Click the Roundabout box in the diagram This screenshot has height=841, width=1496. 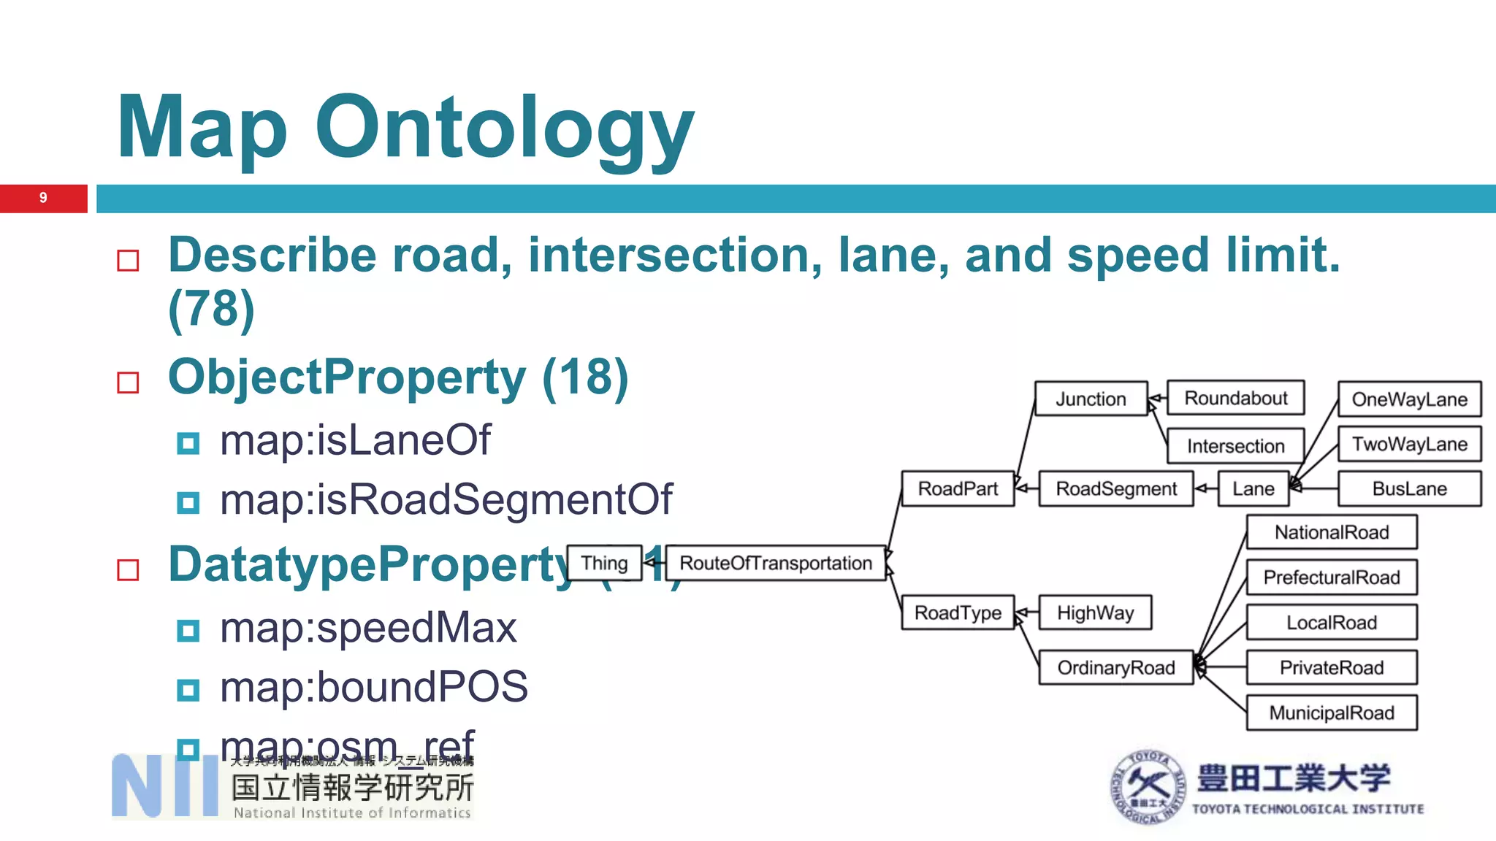[1235, 398]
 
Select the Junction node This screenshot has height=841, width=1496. [1091, 399]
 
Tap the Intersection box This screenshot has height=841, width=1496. [1235, 445]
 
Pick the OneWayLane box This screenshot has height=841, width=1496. [1409, 399]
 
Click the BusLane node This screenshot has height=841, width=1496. [1409, 488]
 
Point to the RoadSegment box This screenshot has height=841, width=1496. [1116, 488]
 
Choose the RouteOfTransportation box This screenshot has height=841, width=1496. [776, 563]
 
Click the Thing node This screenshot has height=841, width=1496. [604, 563]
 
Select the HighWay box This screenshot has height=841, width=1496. [1095, 612]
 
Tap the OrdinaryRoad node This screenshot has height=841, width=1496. [1115, 667]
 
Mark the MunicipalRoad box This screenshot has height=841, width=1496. [1331, 713]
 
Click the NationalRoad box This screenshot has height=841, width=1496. [1331, 532]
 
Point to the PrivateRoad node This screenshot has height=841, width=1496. [1331, 667]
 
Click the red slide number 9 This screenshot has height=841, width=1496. [43, 198]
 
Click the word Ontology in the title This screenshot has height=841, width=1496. [504, 128]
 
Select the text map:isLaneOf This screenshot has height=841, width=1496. [356, 440]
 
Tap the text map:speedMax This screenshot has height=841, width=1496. [368, 628]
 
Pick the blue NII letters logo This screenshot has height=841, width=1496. [165, 786]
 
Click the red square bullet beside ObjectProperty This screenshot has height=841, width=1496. [128, 382]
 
